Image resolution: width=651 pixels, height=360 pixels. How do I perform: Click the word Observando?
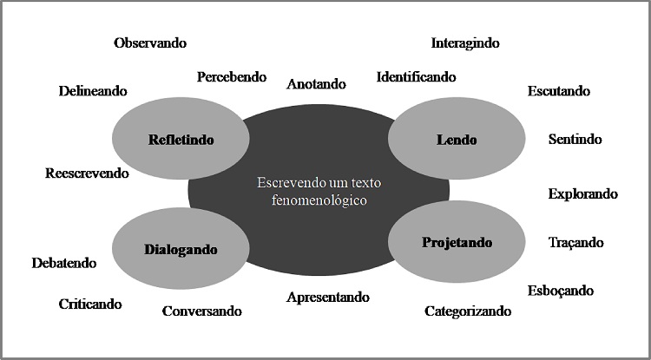(150, 43)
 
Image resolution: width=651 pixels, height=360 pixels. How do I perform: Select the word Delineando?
(93, 90)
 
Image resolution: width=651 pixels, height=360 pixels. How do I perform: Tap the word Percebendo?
(231, 77)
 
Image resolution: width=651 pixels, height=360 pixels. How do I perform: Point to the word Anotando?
(316, 84)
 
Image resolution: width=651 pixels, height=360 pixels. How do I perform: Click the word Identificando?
(416, 77)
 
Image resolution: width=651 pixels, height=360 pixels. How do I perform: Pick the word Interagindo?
(465, 43)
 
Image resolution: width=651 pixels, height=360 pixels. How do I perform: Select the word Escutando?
(558, 90)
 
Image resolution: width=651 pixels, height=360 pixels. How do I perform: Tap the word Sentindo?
(575, 139)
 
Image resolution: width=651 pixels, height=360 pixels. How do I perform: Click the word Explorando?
(582, 193)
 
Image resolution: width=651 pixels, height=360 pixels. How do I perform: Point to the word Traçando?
(575, 243)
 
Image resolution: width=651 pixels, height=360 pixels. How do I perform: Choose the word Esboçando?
(561, 291)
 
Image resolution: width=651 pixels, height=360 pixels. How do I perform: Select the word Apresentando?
(328, 297)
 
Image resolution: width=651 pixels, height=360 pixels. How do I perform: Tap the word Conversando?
(201, 311)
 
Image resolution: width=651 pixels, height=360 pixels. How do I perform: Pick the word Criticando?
(90, 304)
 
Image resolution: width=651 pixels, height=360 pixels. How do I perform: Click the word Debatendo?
(64, 263)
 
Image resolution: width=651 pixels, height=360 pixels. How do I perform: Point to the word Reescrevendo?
(87, 173)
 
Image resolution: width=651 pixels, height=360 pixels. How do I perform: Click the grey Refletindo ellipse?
(181, 139)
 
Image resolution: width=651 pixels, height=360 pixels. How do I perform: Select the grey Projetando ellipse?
(457, 242)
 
